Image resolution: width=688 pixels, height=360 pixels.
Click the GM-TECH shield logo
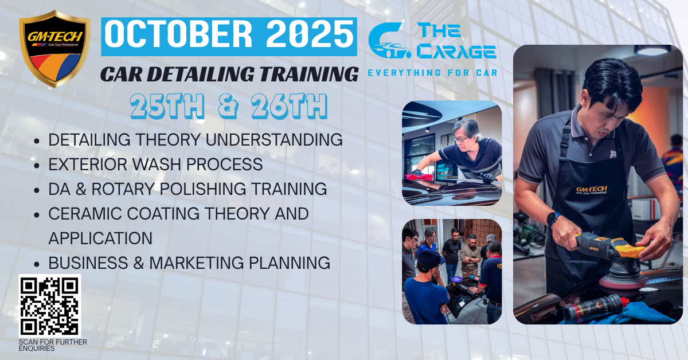tap(54, 49)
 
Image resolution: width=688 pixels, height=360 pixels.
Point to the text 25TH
tap(167, 106)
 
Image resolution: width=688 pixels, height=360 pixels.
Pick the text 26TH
tap(290, 106)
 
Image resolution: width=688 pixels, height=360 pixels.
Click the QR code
tap(50, 306)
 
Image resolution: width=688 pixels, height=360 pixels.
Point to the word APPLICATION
tap(100, 238)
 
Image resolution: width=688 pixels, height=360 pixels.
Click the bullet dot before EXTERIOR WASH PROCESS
tap(37, 166)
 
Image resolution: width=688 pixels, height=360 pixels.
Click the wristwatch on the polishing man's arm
tap(553, 219)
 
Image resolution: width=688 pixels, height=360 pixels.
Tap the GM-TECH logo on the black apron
tap(592, 190)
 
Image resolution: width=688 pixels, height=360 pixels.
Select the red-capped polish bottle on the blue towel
tap(596, 308)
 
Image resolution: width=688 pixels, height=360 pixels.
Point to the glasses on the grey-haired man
tap(461, 139)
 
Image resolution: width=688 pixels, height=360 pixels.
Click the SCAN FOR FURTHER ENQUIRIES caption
tap(53, 345)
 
